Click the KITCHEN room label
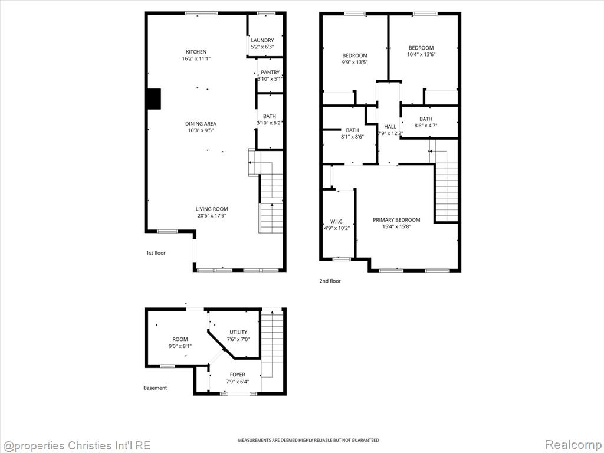tap(196, 52)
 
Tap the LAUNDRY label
tap(262, 40)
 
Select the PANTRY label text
tap(270, 72)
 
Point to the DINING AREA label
tap(201, 124)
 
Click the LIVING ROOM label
tap(212, 209)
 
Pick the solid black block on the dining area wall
tap(154, 99)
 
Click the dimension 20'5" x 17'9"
tap(212, 216)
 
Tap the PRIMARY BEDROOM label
tap(396, 220)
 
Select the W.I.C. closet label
tap(337, 222)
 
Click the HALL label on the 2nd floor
tap(390, 126)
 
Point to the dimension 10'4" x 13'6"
tap(421, 54)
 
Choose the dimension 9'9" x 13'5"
tap(354, 62)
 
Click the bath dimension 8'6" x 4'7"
tap(426, 126)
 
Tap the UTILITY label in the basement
tap(238, 332)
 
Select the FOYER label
tap(238, 375)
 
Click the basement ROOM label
tap(180, 339)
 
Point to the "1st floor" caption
tap(156, 253)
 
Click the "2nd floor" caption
tap(330, 281)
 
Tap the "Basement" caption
tap(155, 388)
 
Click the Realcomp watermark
tap(573, 445)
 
